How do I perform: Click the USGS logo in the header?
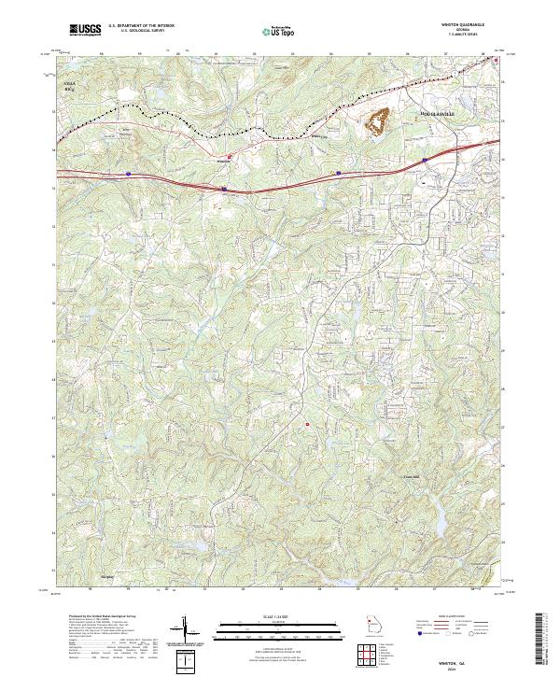click(x=86, y=30)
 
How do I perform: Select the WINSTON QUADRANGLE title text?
click(x=464, y=26)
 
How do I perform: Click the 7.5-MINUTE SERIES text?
click(x=464, y=36)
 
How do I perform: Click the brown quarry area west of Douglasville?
click(x=380, y=120)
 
